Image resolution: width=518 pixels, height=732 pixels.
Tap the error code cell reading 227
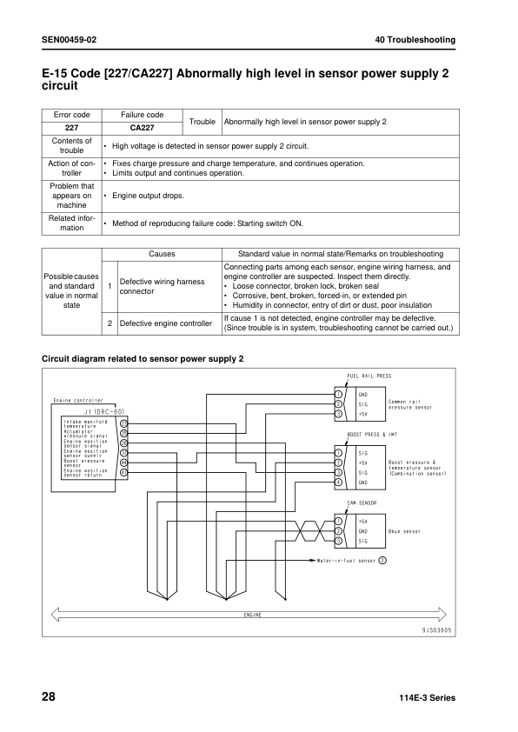click(x=71, y=127)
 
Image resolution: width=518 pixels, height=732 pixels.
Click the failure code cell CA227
click(x=142, y=127)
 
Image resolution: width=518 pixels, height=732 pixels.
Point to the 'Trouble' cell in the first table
click(x=202, y=121)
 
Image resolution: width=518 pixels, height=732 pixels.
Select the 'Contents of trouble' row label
click(x=71, y=145)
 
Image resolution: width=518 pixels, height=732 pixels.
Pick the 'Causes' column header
click(x=161, y=254)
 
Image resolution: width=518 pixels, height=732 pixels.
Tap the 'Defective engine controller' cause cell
click(x=165, y=323)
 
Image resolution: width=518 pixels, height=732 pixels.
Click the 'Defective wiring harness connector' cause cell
click(x=162, y=287)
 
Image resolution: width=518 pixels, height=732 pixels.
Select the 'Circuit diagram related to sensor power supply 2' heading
click(x=143, y=358)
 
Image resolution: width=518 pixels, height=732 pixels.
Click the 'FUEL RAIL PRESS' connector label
click(x=369, y=376)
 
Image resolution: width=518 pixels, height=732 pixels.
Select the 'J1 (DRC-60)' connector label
click(x=105, y=410)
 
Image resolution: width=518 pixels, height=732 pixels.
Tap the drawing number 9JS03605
click(x=437, y=630)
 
